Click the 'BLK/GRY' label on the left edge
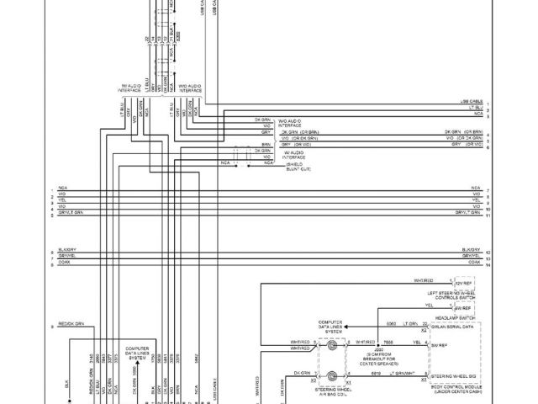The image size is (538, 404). pos(66,250)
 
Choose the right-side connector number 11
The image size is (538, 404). pos(488,215)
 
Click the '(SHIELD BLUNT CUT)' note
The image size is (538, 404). pos(298,167)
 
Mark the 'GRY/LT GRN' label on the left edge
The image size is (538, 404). pos(71,214)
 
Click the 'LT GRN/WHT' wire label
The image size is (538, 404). pos(404,373)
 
